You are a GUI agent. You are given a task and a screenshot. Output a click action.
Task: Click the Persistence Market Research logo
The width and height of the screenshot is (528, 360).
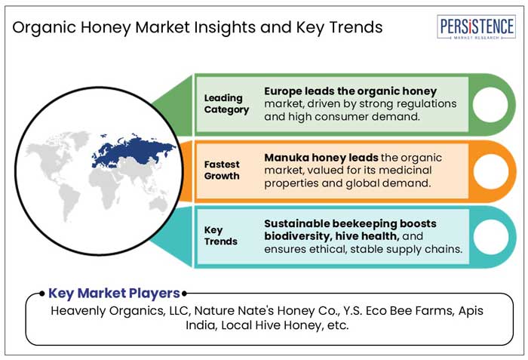point(477,28)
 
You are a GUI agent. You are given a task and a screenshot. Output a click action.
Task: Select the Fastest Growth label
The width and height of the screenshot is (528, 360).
point(222,170)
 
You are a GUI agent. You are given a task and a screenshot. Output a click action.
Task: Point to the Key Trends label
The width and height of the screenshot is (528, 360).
point(220,235)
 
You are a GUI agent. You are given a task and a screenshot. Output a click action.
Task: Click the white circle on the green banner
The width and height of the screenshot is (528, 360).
point(489,104)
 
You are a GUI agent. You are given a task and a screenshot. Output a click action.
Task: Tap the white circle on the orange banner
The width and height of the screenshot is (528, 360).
point(489,171)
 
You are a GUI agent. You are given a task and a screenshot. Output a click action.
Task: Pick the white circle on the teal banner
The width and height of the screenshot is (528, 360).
point(489,236)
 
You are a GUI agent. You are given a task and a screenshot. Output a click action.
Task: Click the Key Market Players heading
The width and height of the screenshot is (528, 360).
point(114,293)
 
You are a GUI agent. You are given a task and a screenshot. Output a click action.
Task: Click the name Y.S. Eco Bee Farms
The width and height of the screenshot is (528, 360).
point(385,310)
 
